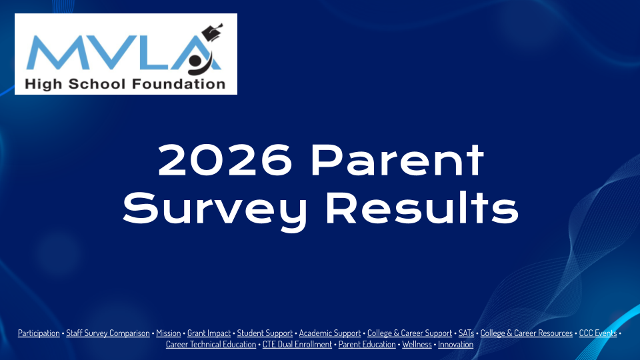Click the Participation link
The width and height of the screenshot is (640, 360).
[39, 333]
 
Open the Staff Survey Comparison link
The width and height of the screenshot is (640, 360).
[108, 333]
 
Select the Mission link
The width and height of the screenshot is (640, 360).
[168, 333]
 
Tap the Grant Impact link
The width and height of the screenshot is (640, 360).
[209, 333]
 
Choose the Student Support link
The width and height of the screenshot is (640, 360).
[265, 333]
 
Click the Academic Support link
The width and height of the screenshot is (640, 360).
[330, 333]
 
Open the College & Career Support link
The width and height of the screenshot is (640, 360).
[409, 333]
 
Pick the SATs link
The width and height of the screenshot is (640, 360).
[466, 333]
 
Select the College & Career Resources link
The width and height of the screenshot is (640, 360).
[526, 333]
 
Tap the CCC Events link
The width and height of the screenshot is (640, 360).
[597, 333]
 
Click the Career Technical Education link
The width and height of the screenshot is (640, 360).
[211, 345]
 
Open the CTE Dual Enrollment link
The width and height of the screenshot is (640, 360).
[297, 345]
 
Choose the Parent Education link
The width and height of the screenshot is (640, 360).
[367, 345]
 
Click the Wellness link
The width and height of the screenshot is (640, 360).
[417, 345]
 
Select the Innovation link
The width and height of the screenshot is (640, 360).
[455, 345]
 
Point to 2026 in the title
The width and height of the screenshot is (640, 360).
[225, 161]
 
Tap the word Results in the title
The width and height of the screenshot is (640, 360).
[422, 208]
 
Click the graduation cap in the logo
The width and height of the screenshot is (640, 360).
[212, 32]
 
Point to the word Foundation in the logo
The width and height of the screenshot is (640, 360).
[179, 84]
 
